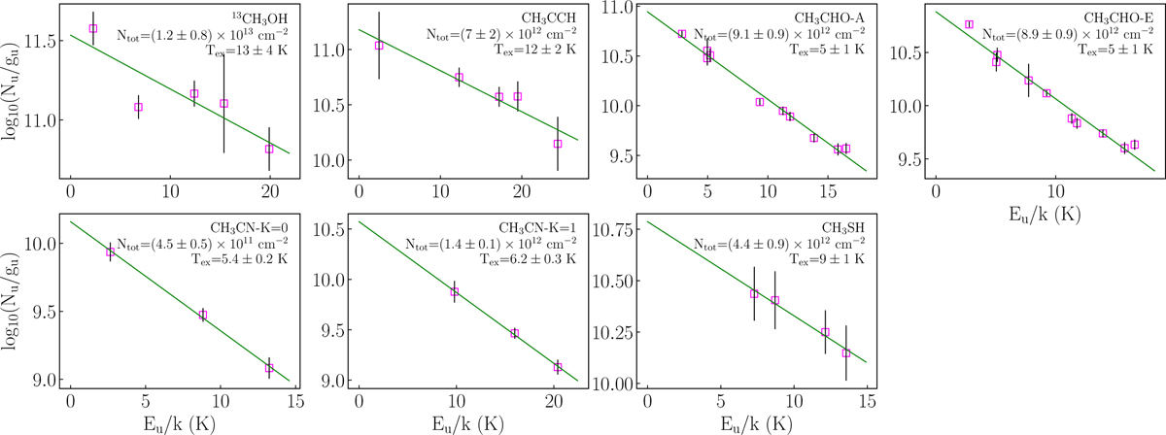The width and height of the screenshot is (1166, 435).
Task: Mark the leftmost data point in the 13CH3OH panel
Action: pos(93,28)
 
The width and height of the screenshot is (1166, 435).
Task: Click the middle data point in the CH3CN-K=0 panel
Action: pos(203,315)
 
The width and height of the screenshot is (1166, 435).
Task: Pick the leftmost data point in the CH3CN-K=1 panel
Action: pos(454,291)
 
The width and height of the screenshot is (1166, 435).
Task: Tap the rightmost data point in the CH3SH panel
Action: pos(845,353)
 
